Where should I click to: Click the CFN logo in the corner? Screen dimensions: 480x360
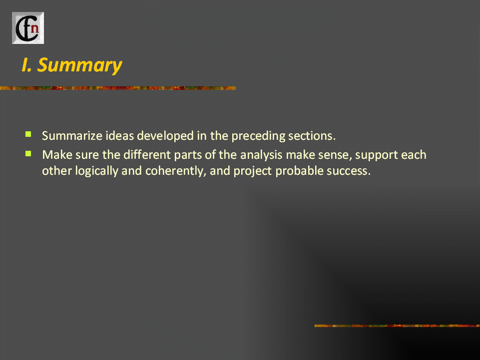[x=28, y=28]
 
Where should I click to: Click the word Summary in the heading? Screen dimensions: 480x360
[x=79, y=65]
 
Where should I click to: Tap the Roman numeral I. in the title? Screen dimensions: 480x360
[x=26, y=65]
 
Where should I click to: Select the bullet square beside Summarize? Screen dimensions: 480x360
[x=28, y=134]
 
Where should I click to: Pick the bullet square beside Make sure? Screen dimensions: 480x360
[x=28, y=153]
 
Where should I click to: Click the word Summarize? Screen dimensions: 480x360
[x=72, y=136]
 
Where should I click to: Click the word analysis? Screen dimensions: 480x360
[x=261, y=155]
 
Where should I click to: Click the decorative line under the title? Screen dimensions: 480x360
[x=118, y=88]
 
